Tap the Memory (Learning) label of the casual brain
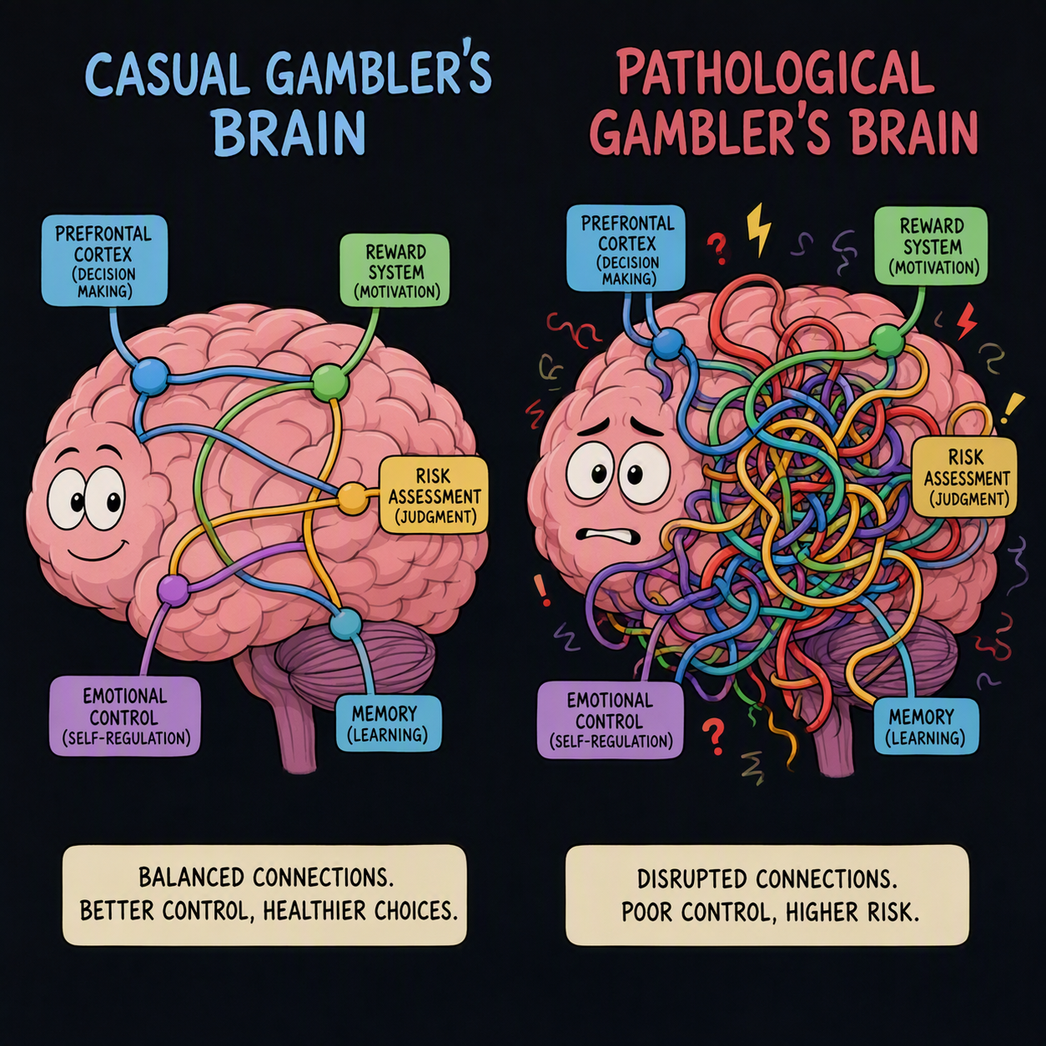coord(389,725)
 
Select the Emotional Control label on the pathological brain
coord(610,720)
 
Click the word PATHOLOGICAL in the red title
coord(775,77)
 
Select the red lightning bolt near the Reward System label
coord(967,321)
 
